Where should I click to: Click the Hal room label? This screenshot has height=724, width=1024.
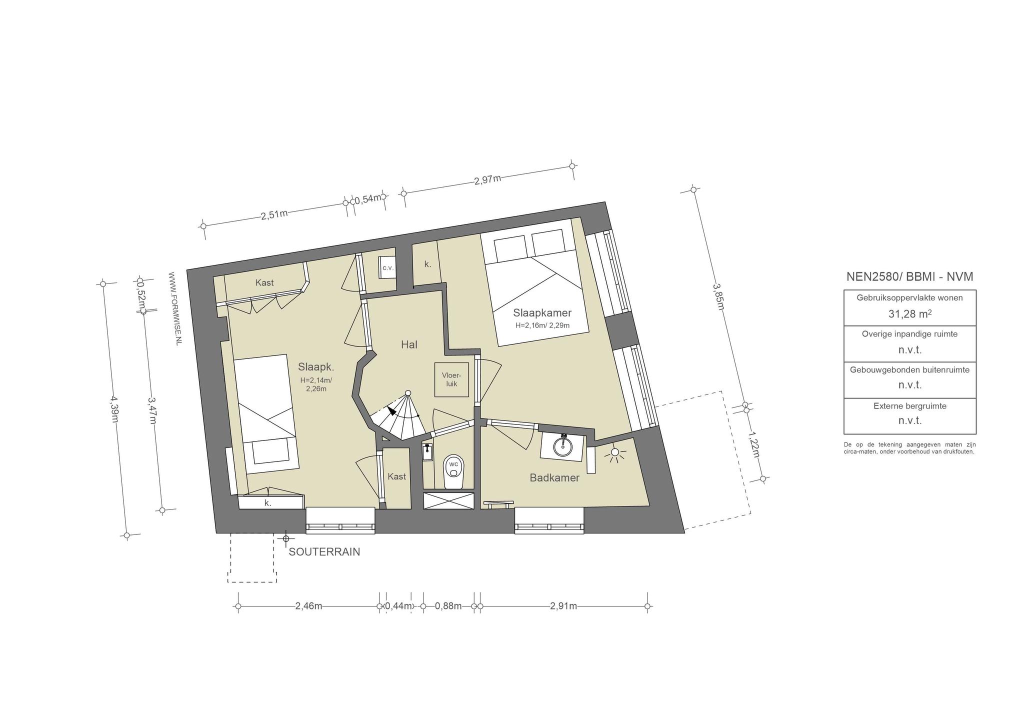tap(409, 344)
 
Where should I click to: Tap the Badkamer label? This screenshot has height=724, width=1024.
tap(554, 477)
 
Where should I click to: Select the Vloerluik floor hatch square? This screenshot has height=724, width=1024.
tap(451, 379)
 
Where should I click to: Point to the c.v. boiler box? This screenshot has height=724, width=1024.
tap(387, 267)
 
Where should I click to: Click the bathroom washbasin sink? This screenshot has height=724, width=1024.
tap(563, 445)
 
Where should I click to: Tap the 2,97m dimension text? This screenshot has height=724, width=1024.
tap(487, 179)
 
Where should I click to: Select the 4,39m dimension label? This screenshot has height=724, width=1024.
tap(114, 409)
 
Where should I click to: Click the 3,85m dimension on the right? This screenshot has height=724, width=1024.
tap(718, 296)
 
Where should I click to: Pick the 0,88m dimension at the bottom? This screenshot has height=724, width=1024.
tap(448, 606)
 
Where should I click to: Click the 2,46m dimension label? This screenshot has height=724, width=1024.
tap(308, 606)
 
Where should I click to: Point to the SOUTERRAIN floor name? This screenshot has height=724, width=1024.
tap(324, 552)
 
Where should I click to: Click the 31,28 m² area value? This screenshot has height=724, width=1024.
tap(909, 313)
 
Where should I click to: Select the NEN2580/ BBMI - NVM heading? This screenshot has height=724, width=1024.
tap(910, 276)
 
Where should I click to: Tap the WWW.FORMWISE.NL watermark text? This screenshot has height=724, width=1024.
tap(175, 308)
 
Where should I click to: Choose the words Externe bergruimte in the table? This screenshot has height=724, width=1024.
tap(910, 406)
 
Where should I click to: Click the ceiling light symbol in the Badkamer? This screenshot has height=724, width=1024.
tap(615, 454)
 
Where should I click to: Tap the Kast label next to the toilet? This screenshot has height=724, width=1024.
tap(397, 476)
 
